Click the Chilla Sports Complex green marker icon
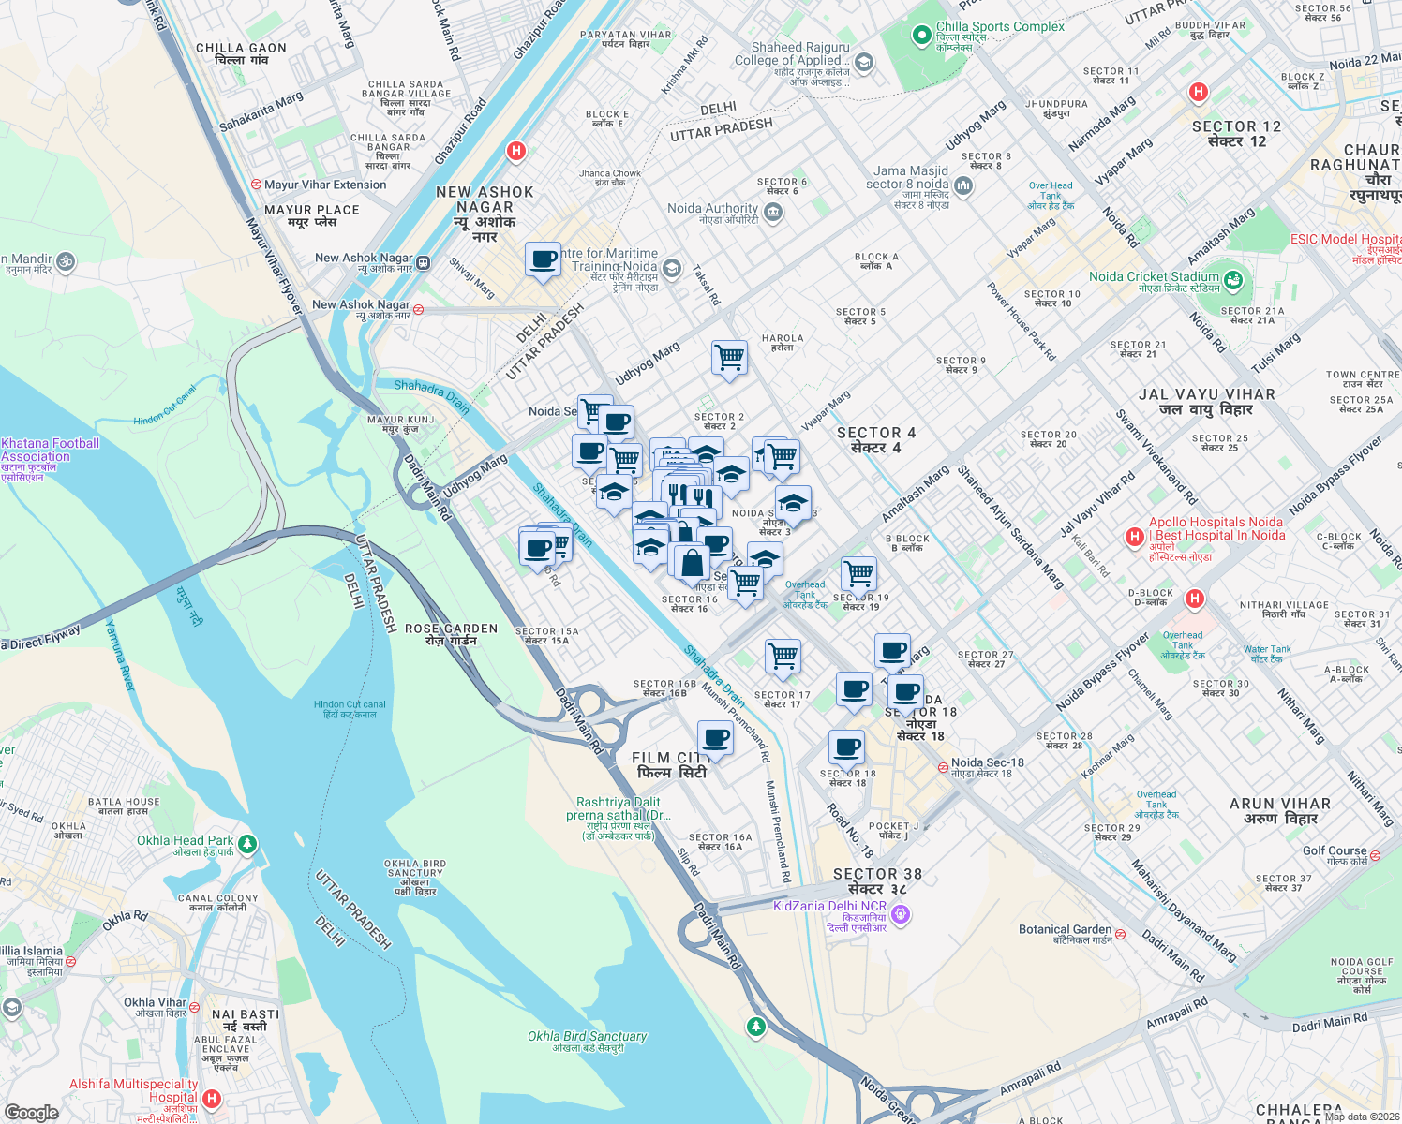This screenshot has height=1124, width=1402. pos(922,36)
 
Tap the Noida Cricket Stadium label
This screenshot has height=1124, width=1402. pos(1154,277)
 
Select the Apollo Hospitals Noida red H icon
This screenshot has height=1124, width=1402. pos(1135,537)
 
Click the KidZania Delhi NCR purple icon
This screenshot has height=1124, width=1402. pos(901,913)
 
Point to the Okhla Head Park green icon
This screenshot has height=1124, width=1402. pos(247,844)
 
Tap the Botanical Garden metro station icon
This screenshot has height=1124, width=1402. pos(1120,935)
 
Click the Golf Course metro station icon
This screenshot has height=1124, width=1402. pos(1376,855)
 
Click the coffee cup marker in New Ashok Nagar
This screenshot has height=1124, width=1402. pos(543,259)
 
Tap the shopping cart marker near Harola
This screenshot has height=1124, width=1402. pos(729,358)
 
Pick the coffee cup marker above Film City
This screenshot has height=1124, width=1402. pos(716,738)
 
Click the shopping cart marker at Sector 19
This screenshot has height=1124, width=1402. pos(858,573)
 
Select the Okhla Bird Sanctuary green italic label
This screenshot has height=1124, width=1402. pos(587,1036)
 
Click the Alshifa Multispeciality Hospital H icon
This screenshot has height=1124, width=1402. pos(212,1098)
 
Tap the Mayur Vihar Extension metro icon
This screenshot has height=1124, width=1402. pos(256,185)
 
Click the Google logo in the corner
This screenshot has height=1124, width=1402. pos(31,1112)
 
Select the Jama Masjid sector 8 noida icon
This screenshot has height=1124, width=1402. pos(963,185)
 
